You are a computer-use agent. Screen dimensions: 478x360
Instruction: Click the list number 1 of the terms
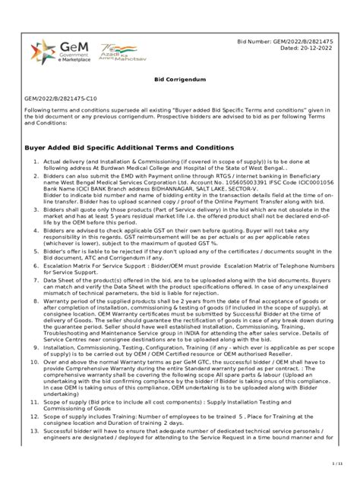[35, 183]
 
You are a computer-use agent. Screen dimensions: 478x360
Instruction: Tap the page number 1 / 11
[338, 462]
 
